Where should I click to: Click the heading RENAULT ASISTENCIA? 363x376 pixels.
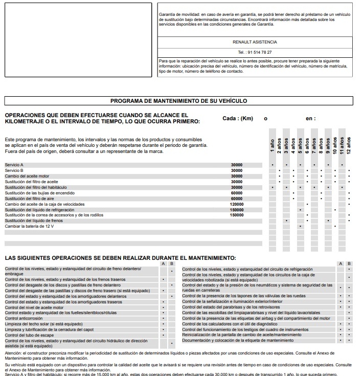click(255, 42)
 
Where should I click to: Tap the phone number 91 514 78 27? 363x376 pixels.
click(255, 52)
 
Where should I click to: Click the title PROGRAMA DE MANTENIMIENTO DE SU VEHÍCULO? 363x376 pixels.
click(178, 101)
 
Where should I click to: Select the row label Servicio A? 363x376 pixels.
click(14, 165)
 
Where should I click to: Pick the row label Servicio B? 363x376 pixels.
click(14, 170)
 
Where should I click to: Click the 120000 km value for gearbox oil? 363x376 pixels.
click(237, 204)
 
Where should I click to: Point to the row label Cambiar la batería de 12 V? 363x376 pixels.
click(29, 226)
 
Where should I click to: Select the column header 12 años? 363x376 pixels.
click(349, 145)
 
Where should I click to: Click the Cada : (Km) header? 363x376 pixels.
click(238, 119)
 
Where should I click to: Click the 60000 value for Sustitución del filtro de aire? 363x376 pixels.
click(237, 198)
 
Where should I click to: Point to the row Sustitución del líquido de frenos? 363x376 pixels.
click(34, 220)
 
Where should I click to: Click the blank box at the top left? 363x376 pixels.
click(78, 40)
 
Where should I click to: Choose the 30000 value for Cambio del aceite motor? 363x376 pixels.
click(237, 176)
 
